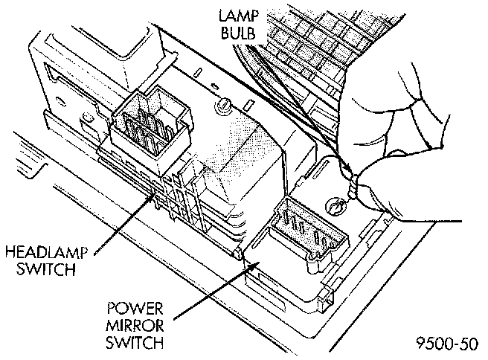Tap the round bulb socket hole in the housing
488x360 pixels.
334,201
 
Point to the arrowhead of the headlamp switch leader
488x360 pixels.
158,195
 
